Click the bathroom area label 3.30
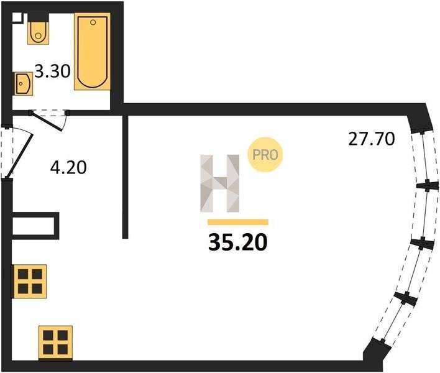point(52,71)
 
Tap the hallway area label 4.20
point(68,168)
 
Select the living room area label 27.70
point(372,139)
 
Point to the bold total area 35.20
point(237,242)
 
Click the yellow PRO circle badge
point(265,155)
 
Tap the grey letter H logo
point(220,183)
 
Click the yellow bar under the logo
point(238,222)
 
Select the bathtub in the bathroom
point(93,52)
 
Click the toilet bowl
point(38,33)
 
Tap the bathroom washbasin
point(22,84)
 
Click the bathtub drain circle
point(93,22)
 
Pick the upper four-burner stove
point(29,281)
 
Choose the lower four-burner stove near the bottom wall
point(55,343)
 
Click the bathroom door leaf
point(47,121)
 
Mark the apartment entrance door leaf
point(19,156)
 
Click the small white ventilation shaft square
point(17,17)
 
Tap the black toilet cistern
point(39,17)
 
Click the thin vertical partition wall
point(126,177)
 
